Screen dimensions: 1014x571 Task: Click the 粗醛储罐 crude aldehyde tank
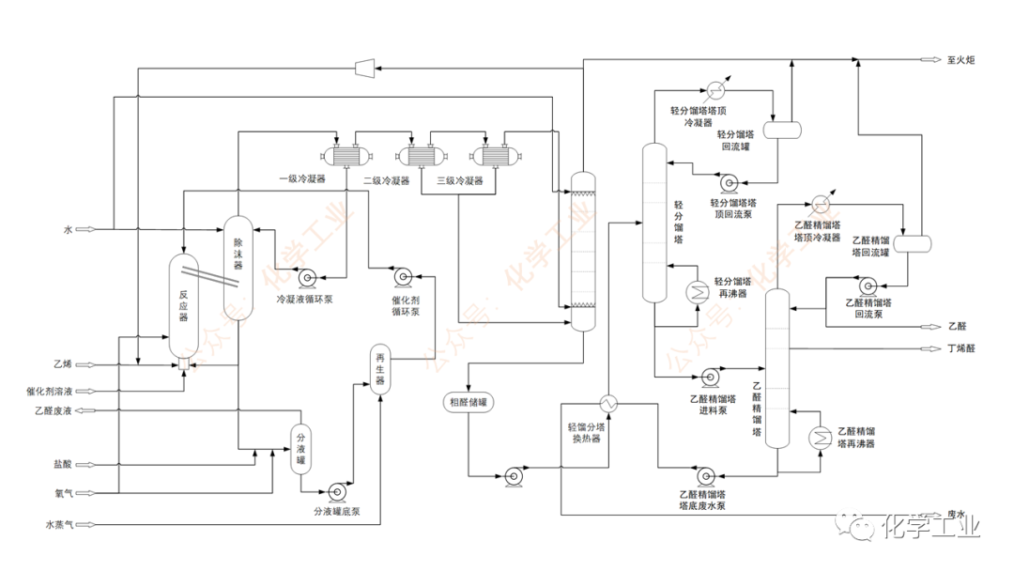click(x=469, y=402)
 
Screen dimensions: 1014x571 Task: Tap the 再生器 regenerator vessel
click(x=380, y=368)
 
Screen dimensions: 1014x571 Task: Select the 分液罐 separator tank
click(x=300, y=450)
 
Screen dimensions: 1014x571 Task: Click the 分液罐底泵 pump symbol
click(x=336, y=492)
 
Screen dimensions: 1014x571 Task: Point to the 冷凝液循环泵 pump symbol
click(x=306, y=278)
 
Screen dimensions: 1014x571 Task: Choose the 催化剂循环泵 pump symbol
click(x=403, y=277)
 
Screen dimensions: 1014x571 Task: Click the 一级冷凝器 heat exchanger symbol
click(x=346, y=156)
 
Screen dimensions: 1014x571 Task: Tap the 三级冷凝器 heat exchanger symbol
click(x=496, y=156)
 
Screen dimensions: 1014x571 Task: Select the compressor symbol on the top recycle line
click(x=364, y=68)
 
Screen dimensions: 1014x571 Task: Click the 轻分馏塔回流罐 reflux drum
click(x=782, y=130)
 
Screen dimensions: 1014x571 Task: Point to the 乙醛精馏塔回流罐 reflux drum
click(x=913, y=243)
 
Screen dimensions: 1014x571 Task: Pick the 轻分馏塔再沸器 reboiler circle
click(x=698, y=292)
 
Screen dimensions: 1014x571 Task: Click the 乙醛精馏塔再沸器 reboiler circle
click(x=820, y=440)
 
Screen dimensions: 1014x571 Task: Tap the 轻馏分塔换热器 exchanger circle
click(x=608, y=404)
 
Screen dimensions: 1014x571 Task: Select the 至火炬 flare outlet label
click(x=960, y=60)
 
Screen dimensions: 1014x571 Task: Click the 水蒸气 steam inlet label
click(x=59, y=524)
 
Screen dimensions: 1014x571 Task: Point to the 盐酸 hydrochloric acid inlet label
click(x=63, y=464)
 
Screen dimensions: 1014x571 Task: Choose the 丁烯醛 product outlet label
click(x=961, y=348)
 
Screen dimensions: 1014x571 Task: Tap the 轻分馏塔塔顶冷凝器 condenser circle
click(x=715, y=89)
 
